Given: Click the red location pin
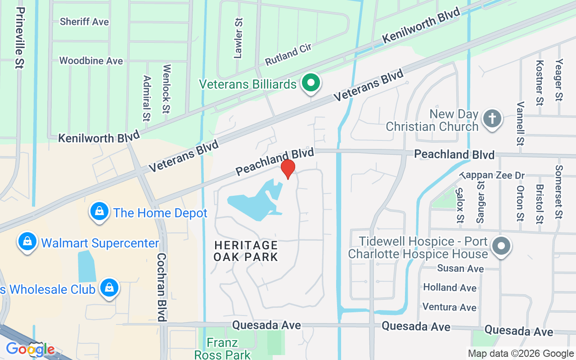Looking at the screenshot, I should [x=288, y=169].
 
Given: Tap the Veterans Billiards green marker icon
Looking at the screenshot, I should [x=310, y=83].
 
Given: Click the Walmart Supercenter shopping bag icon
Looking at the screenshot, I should [x=27, y=243].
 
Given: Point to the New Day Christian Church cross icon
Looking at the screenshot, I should [x=492, y=119].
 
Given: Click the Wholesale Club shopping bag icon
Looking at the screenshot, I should [x=109, y=288].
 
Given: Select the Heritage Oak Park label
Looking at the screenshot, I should [x=246, y=251].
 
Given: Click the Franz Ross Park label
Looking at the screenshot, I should [x=222, y=349].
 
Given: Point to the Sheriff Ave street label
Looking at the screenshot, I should [x=84, y=22].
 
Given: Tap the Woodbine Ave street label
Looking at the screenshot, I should [x=91, y=60].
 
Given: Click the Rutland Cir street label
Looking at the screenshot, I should [x=288, y=55].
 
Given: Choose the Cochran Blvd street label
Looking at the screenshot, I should [x=162, y=287].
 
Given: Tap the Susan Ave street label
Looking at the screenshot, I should [x=461, y=269].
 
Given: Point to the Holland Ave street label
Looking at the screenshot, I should [x=450, y=288].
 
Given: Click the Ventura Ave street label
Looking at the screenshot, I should [x=449, y=307].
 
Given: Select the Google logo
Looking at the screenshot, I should [x=30, y=349].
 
